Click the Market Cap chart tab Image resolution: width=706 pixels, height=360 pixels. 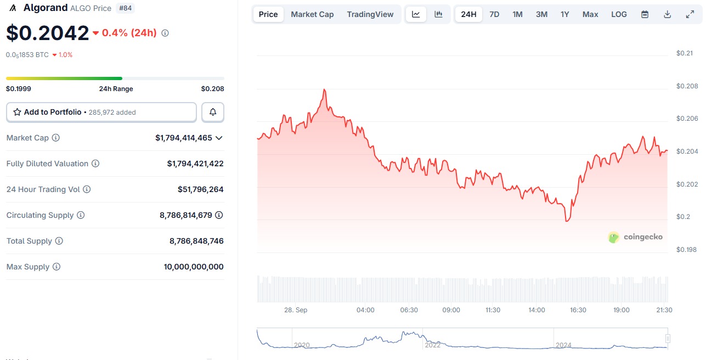[312, 14]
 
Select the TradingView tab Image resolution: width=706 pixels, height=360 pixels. [370, 14]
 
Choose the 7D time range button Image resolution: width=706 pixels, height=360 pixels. [494, 14]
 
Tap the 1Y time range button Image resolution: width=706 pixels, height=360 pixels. [564, 14]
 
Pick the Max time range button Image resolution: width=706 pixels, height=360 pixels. [590, 14]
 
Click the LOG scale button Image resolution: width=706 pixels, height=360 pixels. [619, 14]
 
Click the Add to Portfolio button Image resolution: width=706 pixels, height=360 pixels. [101, 112]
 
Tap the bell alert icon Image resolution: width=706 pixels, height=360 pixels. [213, 112]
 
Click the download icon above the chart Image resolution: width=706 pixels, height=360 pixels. [668, 14]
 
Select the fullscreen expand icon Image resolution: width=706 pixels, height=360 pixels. [690, 14]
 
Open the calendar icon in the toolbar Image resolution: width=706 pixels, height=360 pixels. [645, 14]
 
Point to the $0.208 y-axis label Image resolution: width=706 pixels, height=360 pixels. [686, 86]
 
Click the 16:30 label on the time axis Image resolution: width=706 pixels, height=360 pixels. [578, 310]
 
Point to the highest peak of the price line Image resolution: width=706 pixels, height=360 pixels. [325, 89]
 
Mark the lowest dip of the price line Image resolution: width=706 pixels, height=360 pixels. [567, 221]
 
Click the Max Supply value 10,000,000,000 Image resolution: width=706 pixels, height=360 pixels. [194, 267]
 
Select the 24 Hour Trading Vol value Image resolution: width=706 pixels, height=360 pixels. [200, 189]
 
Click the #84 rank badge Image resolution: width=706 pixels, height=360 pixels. [126, 8]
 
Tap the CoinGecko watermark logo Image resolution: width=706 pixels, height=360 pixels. [635, 237]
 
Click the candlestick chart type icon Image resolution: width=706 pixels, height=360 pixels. [438, 14]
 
